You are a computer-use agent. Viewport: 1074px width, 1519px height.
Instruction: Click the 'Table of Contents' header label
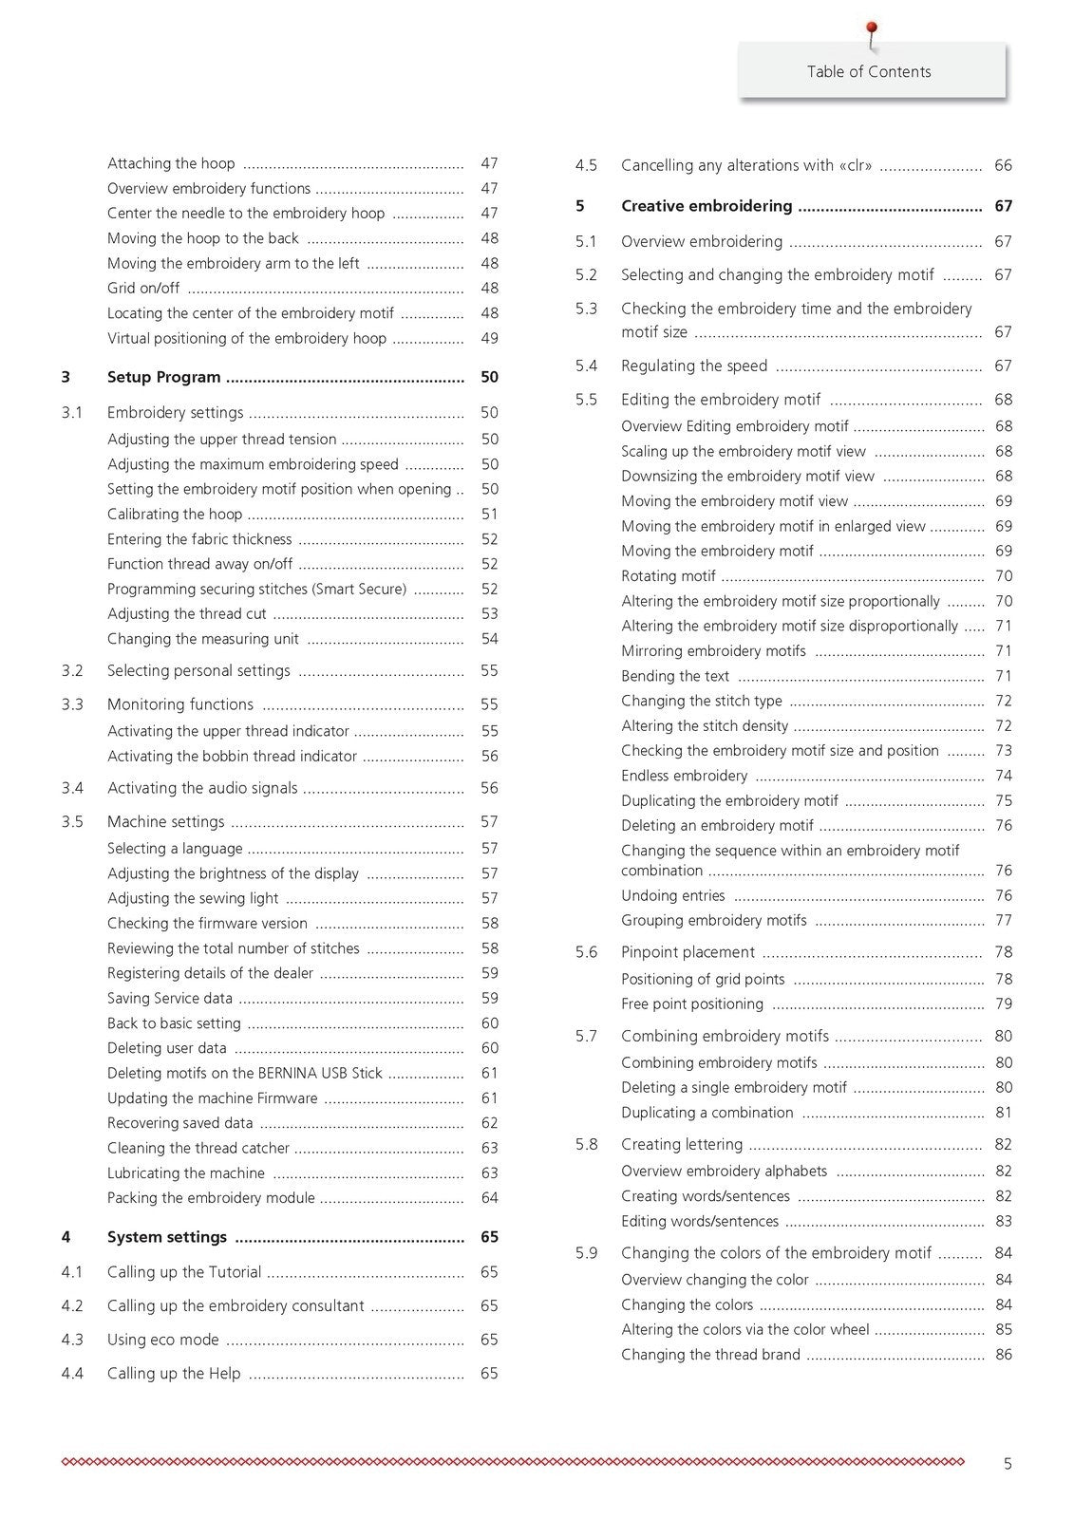click(x=869, y=71)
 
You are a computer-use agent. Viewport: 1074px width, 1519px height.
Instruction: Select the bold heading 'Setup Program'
click(x=163, y=377)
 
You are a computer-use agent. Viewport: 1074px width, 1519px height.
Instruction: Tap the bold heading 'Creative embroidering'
click(x=706, y=206)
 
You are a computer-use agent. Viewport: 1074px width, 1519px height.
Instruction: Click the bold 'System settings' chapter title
click(x=166, y=1237)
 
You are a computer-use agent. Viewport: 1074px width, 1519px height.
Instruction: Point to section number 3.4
click(x=72, y=788)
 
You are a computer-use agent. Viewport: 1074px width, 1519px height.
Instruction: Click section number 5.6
click(x=586, y=952)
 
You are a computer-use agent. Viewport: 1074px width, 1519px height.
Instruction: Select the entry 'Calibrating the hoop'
click(x=175, y=515)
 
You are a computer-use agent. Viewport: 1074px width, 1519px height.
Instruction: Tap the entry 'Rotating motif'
click(x=669, y=576)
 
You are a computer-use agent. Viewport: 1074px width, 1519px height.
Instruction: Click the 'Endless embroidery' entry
click(x=684, y=776)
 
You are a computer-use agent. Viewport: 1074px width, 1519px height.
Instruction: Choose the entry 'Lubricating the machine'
click(x=186, y=1173)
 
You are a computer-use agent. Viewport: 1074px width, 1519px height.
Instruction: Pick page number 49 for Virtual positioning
click(x=489, y=338)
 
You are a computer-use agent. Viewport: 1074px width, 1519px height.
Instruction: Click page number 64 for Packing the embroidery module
click(x=489, y=1198)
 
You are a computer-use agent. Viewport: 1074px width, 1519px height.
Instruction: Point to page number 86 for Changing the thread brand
click(x=1004, y=1355)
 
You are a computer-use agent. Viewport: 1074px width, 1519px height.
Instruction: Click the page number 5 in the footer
click(x=1008, y=1464)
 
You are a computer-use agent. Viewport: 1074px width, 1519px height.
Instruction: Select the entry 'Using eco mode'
click(x=162, y=1340)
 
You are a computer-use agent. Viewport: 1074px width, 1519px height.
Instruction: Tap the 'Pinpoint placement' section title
click(x=688, y=952)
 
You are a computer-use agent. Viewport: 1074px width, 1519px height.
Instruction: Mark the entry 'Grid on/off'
click(x=143, y=289)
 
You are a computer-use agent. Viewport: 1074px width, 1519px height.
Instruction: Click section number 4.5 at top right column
click(x=586, y=165)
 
